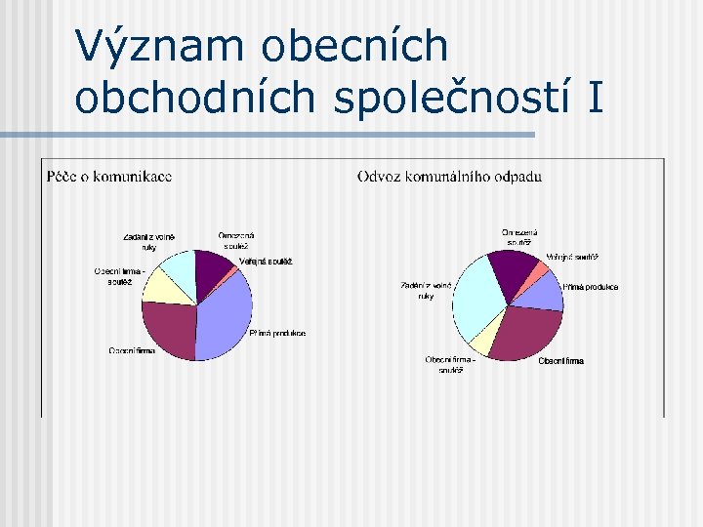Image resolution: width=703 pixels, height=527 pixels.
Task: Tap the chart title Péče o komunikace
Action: pos(109,177)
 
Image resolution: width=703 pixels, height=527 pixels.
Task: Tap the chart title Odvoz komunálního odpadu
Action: pos(449,177)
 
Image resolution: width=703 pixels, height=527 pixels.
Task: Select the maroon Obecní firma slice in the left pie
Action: pos(169,326)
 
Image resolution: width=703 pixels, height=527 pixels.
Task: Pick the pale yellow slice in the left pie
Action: pos(165,285)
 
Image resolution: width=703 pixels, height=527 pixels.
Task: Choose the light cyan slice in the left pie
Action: pos(181,265)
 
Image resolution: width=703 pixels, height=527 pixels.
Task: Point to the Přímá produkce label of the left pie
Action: pos(277,334)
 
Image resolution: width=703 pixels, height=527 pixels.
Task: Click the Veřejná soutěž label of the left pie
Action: pos(266,262)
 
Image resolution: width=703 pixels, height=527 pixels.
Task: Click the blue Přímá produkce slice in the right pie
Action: pos(548,290)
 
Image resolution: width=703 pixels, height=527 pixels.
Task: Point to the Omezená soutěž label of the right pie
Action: pos(519,237)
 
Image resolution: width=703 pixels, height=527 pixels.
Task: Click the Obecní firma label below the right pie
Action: pos(561,361)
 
